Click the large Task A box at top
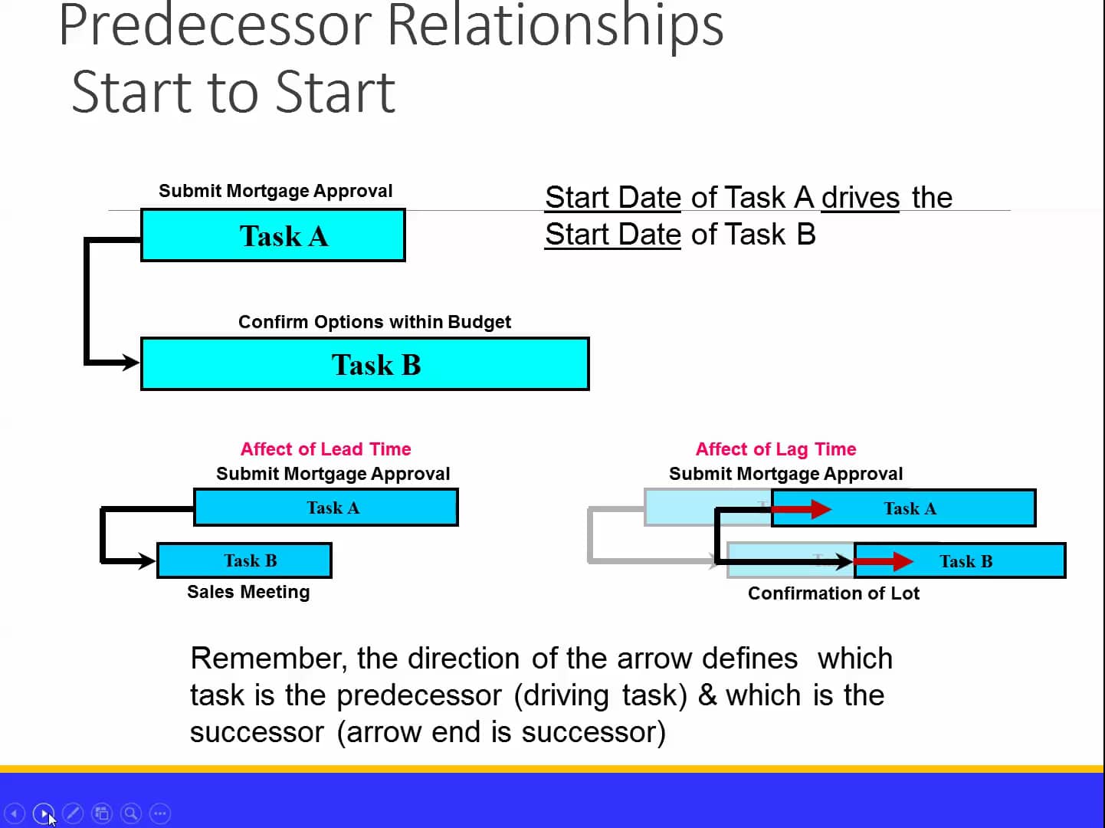[x=273, y=235]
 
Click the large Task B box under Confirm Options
[x=365, y=364]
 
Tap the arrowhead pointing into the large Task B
[x=130, y=362]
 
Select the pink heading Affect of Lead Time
[x=326, y=449]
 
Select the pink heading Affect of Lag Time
[x=775, y=449]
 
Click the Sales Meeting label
[x=248, y=592]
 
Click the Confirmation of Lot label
[x=833, y=593]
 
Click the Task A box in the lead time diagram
[x=326, y=508]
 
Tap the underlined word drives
[x=860, y=198]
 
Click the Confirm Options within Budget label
[x=374, y=322]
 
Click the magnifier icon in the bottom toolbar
[x=131, y=813]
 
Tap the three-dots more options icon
[x=160, y=813]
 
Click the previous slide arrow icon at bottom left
[x=15, y=813]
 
